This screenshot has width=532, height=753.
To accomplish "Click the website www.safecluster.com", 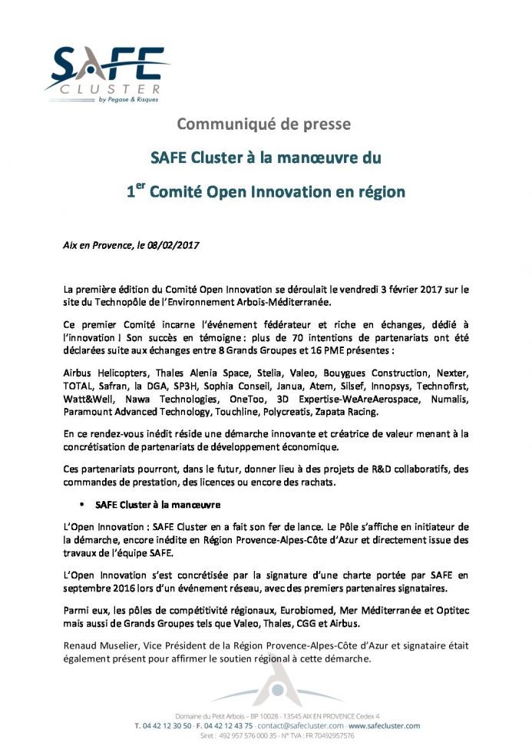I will click(384, 725).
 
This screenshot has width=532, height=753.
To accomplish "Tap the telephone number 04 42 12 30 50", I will click(166, 725).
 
